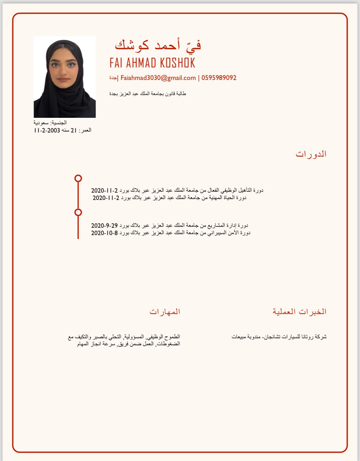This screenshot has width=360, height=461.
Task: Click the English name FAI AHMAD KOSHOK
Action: pyautogui.click(x=152, y=63)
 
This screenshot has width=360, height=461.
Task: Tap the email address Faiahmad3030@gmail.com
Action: pyautogui.click(x=158, y=78)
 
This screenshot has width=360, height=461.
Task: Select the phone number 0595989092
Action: pyautogui.click(x=219, y=78)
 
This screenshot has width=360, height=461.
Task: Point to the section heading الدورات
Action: pyautogui.click(x=311, y=154)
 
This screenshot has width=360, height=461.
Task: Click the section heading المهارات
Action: pyautogui.click(x=165, y=312)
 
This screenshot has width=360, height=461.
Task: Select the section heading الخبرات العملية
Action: pyautogui.click(x=300, y=312)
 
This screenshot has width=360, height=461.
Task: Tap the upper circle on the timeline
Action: pyautogui.click(x=78, y=178)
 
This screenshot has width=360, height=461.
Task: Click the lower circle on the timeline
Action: pyautogui.click(x=78, y=212)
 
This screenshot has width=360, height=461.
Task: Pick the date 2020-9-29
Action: pyautogui.click(x=104, y=226)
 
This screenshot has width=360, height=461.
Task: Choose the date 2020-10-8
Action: pyautogui.click(x=104, y=233)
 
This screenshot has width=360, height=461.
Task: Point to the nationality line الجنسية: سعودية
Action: pyautogui.click(x=50, y=123)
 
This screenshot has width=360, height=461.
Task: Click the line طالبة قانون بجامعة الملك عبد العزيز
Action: pyautogui.click(x=148, y=94)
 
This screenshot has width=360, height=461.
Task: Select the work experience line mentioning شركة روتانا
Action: pyautogui.click(x=279, y=337)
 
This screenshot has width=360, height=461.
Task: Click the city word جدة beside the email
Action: pyautogui.click(x=113, y=78)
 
